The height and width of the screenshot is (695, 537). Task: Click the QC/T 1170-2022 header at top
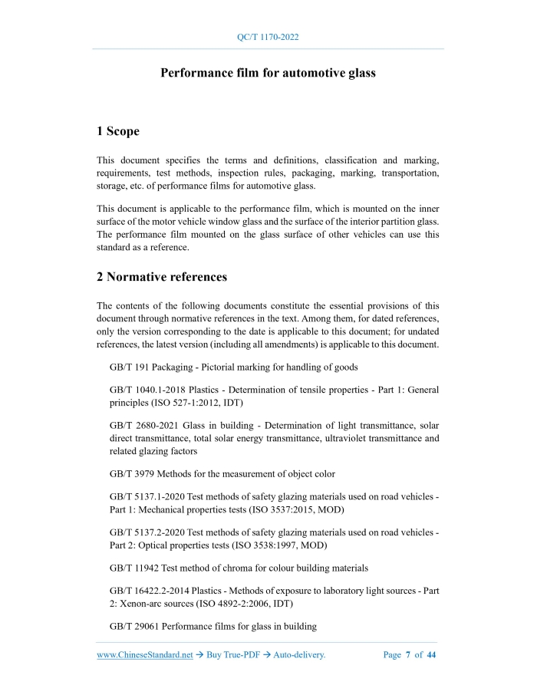point(268,37)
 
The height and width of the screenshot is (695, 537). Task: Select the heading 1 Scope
point(118,131)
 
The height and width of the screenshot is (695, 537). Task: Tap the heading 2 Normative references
point(162,276)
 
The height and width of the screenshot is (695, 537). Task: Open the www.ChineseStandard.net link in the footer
point(145,655)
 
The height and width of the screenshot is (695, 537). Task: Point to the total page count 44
point(431,655)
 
